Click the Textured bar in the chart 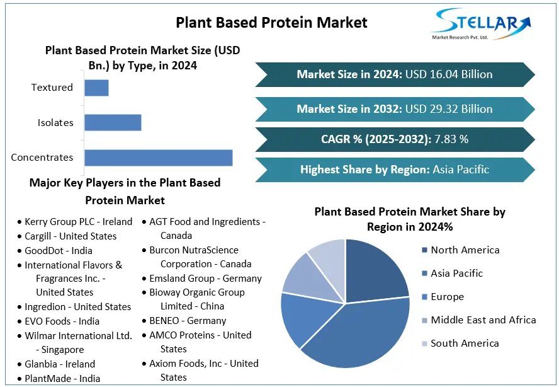pyautogui.click(x=96, y=88)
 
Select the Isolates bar pyautogui.click(x=113, y=122)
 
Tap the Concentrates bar pyautogui.click(x=158, y=158)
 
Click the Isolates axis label pyautogui.click(x=55, y=123)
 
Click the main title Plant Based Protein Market pyautogui.click(x=271, y=23)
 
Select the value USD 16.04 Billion pyautogui.click(x=449, y=74)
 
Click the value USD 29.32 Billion pyautogui.click(x=449, y=109)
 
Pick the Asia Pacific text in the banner pyautogui.click(x=461, y=170)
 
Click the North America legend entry pyautogui.click(x=465, y=250)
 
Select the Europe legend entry pyautogui.click(x=447, y=297)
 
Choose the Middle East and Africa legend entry pyautogui.click(x=483, y=320)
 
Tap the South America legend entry pyautogui.click(x=465, y=344)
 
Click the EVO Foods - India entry pyautogui.click(x=62, y=321)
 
